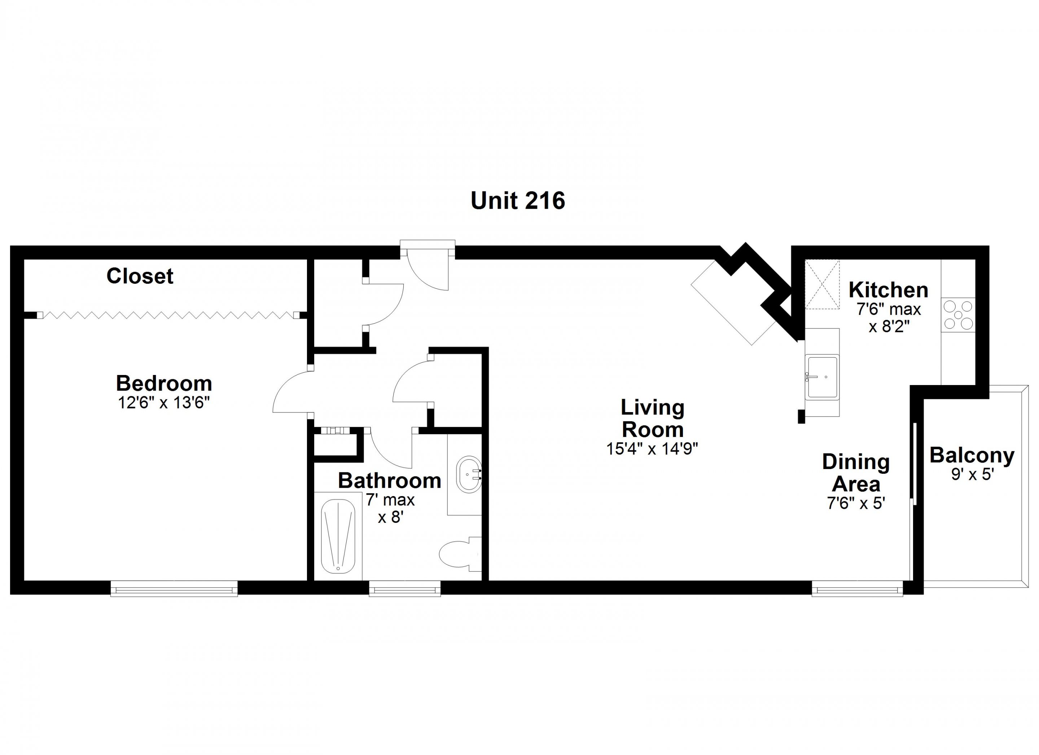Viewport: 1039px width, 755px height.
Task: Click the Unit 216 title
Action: [x=518, y=200]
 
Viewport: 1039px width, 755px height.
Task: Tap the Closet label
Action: [x=140, y=276]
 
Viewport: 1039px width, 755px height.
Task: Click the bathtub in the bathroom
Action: [x=338, y=536]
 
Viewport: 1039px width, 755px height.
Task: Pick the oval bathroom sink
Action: [x=469, y=474]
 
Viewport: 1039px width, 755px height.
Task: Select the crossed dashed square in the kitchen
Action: [x=822, y=284]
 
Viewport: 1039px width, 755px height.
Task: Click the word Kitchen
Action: [x=888, y=290]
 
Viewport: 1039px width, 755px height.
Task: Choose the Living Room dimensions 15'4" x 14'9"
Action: [x=652, y=449]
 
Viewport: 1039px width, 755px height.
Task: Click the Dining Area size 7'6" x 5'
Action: [x=855, y=503]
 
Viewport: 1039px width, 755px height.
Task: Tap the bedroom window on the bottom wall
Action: [x=174, y=589]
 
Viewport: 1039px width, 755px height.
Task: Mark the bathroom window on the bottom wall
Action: [x=404, y=589]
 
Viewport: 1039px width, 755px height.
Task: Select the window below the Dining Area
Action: [x=857, y=589]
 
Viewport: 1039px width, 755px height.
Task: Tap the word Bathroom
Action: [x=389, y=481]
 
